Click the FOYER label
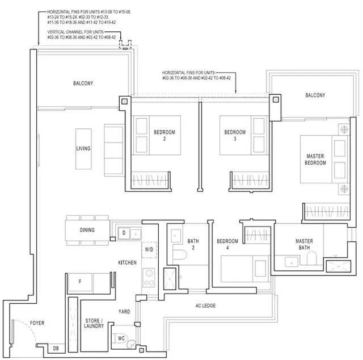37,323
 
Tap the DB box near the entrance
56,348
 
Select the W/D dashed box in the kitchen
149,250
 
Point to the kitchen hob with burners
149,278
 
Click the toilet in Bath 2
179,254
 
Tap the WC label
121,338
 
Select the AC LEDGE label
205,305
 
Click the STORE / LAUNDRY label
94,323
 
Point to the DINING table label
87,230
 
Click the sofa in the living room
115,150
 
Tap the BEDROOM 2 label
164,135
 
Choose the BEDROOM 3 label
235,135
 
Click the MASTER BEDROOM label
315,159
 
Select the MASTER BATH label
304,244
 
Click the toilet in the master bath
311,258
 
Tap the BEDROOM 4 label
227,244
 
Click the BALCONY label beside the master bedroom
315,95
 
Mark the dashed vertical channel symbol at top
125,44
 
